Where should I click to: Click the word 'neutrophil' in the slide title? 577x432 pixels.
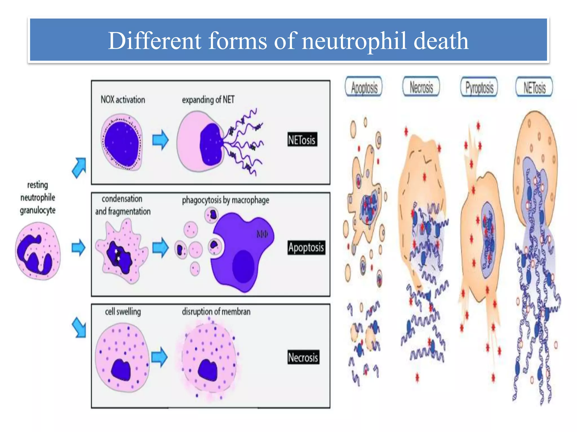click(x=354, y=41)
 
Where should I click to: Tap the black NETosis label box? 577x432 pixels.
click(x=302, y=139)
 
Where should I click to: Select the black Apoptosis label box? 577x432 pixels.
click(x=306, y=247)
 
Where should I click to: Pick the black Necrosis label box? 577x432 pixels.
click(x=303, y=357)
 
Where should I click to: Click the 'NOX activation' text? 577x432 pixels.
click(x=123, y=100)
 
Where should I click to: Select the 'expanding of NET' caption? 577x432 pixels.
click(x=208, y=100)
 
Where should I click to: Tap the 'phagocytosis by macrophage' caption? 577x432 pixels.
click(x=225, y=200)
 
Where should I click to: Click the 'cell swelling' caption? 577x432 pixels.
click(x=123, y=311)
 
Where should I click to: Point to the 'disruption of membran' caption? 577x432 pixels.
click(x=216, y=311)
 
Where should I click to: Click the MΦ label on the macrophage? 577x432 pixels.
click(x=262, y=234)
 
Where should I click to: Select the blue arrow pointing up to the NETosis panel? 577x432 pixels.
click(x=79, y=168)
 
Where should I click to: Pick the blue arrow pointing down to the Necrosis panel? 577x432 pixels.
click(x=79, y=327)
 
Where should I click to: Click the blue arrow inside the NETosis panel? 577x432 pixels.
click(x=160, y=139)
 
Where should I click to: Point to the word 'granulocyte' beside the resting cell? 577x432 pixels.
click(x=37, y=210)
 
